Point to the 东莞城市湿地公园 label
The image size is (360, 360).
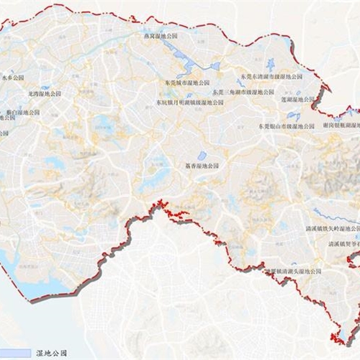click(184, 83)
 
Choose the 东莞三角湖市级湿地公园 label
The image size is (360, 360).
click(243, 92)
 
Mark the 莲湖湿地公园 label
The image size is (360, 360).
click(298, 99)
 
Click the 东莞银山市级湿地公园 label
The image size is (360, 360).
click(287, 125)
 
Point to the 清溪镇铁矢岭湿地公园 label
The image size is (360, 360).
click(331, 228)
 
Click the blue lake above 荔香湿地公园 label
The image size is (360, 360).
click(202, 155)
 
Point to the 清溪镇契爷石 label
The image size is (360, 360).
click(344, 244)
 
